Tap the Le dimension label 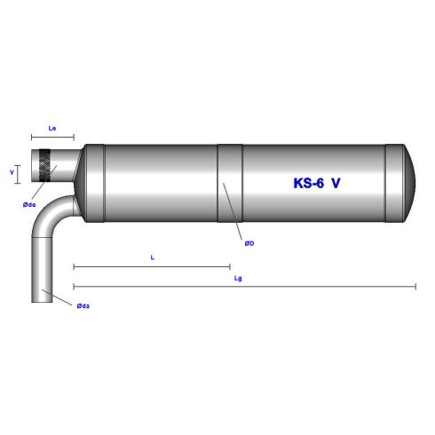(52, 128)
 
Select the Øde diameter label (29, 205)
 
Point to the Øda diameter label (83, 305)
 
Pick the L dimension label (153, 257)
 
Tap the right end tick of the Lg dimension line (415, 286)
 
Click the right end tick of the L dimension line (230, 265)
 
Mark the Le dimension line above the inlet (52, 137)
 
